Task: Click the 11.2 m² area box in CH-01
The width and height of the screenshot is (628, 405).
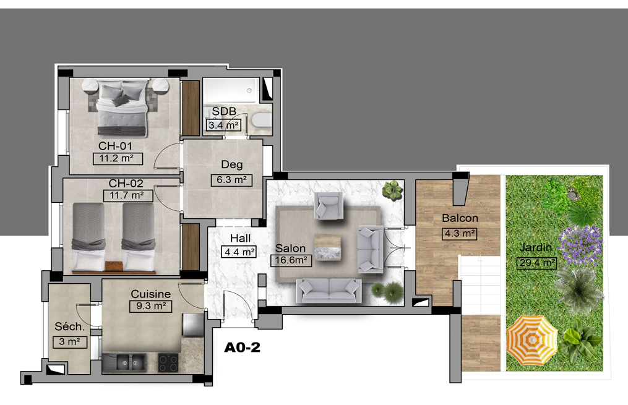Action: click(118, 158)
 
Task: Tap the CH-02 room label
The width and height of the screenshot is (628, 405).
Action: click(126, 183)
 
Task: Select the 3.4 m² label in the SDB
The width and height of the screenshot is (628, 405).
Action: click(223, 126)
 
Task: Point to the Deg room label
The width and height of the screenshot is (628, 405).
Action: click(232, 164)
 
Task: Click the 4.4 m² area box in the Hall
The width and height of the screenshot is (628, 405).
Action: click(239, 252)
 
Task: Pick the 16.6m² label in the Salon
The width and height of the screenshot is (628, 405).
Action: click(291, 260)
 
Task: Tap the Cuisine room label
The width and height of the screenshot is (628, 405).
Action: click(150, 294)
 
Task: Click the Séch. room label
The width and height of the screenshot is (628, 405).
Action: click(70, 326)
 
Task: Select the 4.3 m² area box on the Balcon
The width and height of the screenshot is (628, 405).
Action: click(459, 234)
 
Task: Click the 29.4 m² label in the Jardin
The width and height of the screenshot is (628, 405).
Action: click(536, 263)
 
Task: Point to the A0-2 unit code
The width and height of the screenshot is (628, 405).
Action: click(242, 347)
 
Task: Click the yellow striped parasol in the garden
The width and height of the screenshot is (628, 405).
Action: click(532, 340)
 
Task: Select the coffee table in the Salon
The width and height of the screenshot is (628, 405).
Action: click(328, 247)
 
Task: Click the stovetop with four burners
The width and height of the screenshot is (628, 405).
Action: click(168, 363)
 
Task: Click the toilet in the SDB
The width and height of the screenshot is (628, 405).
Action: click(262, 120)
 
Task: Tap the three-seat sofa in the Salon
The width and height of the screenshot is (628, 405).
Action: click(329, 291)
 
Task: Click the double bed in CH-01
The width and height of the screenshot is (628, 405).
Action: click(122, 108)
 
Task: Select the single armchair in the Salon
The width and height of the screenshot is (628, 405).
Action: click(329, 205)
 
